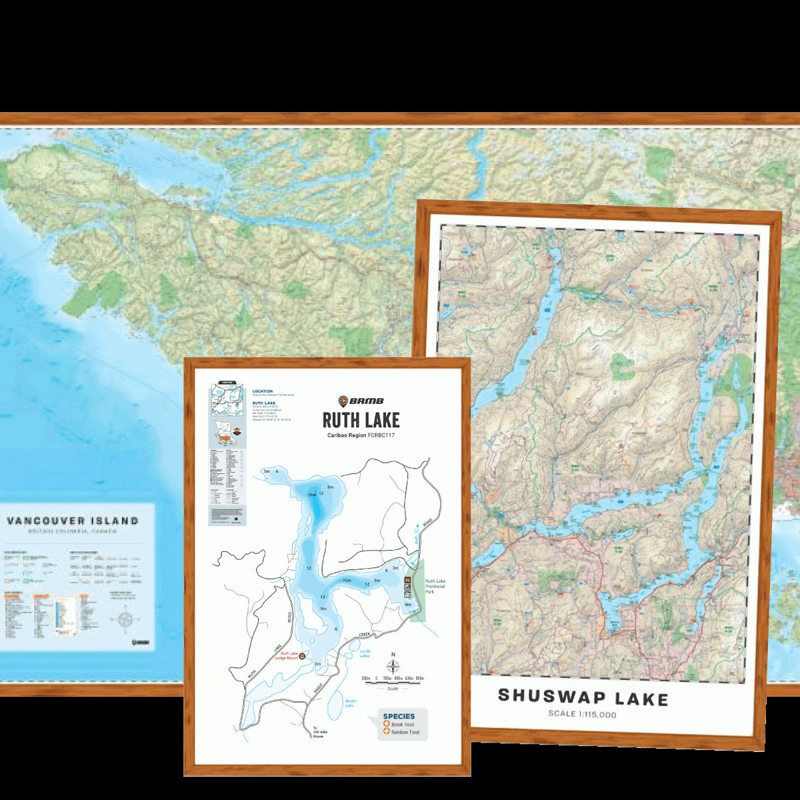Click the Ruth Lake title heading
361,420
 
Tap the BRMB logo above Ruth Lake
361,401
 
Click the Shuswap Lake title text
583,698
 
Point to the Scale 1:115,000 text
583,715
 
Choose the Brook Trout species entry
402,725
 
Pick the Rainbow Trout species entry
405,733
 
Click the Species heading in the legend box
399,716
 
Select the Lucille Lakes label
364,653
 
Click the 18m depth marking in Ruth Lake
311,495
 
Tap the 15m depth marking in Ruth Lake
347,580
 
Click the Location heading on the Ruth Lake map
263,391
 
